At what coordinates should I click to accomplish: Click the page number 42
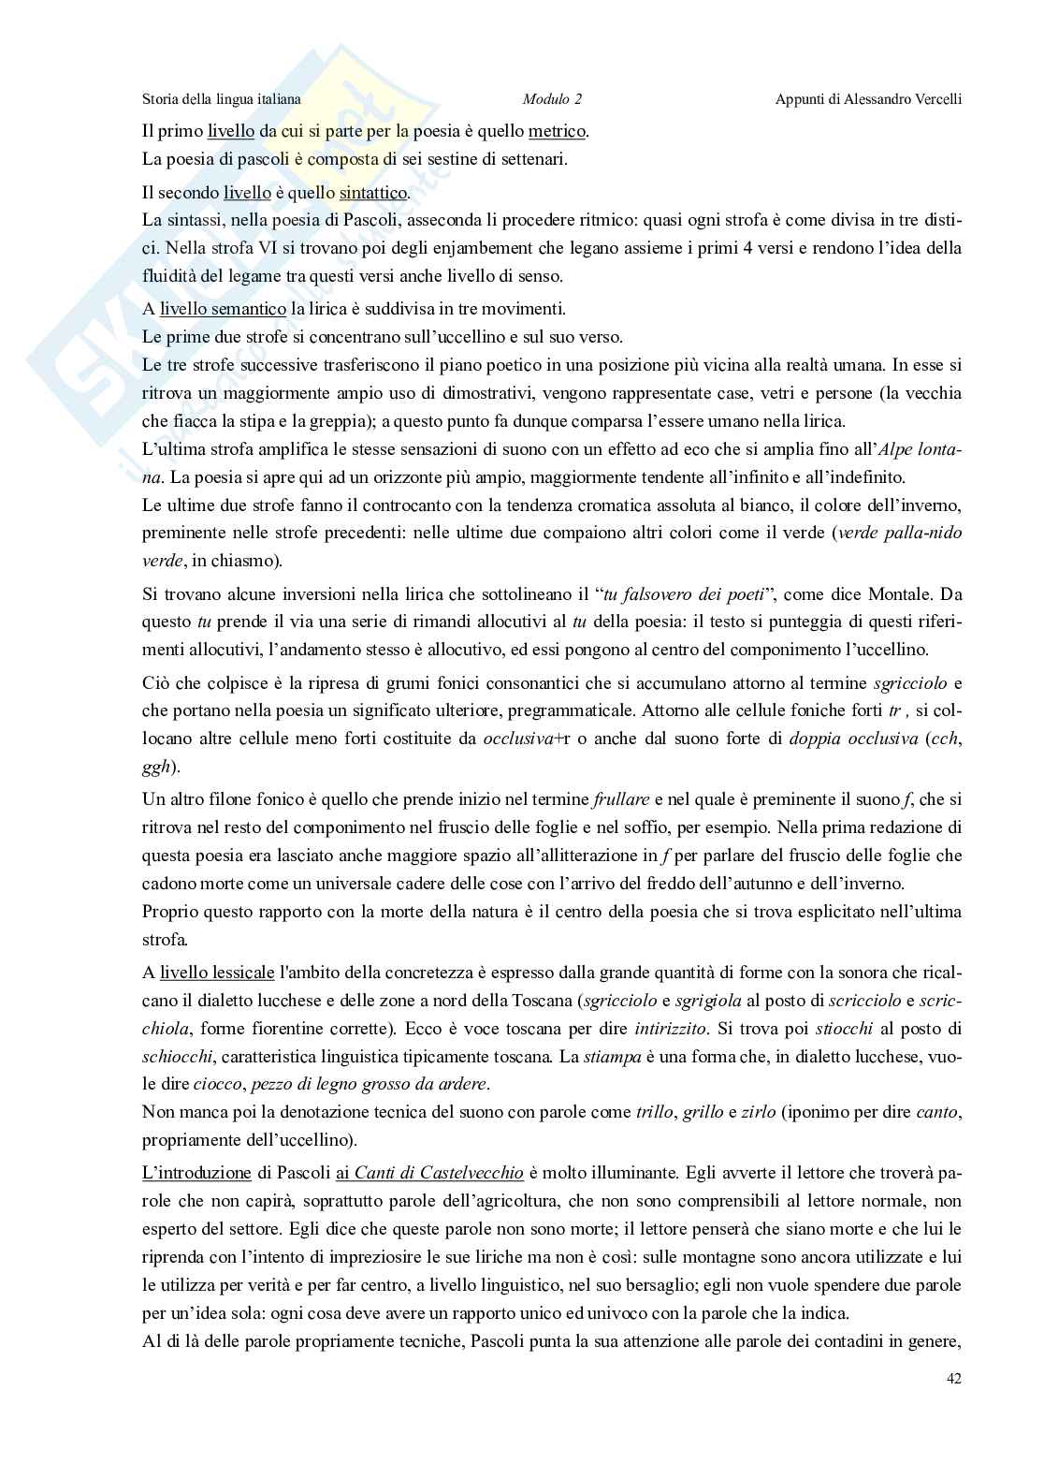(953, 1378)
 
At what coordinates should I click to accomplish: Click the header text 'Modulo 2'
(552, 99)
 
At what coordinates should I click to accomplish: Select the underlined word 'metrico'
(558, 131)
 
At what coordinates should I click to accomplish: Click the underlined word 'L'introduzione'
(196, 1172)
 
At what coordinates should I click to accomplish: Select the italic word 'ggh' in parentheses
(156, 766)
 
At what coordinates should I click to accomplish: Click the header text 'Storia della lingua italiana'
(221, 99)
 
